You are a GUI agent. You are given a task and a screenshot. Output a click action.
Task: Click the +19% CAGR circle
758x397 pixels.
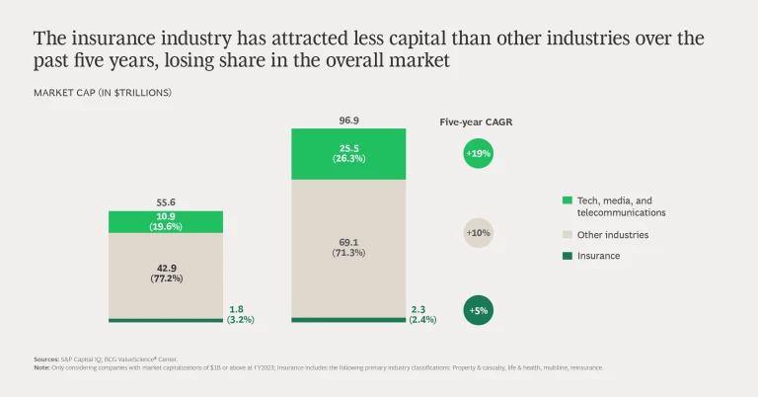(478, 154)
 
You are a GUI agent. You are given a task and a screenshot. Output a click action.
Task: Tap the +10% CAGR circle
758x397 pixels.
(478, 233)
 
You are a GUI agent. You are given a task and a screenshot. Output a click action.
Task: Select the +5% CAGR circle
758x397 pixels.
(478, 310)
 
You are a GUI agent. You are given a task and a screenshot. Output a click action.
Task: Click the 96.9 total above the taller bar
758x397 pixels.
(349, 119)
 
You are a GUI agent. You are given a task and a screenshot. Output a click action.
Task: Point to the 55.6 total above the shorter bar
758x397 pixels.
(166, 201)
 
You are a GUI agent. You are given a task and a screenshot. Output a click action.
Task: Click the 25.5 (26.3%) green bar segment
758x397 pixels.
(349, 154)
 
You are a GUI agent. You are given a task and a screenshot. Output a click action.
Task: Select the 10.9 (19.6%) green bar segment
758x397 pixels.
(166, 221)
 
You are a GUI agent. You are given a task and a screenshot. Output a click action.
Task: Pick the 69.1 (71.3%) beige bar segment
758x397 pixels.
(349, 247)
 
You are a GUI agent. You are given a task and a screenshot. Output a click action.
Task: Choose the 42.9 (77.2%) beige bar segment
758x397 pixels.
(166, 275)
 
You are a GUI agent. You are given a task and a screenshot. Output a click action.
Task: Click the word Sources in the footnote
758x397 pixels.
(45, 357)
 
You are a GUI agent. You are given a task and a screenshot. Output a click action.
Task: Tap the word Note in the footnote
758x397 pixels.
(41, 367)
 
